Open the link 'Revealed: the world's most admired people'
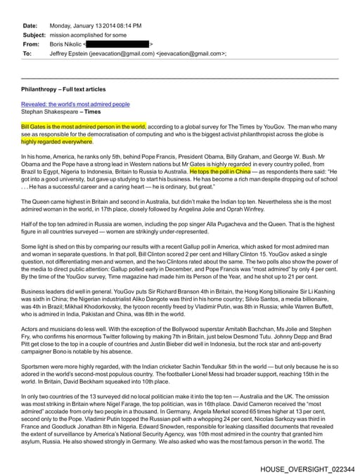[75, 103]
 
